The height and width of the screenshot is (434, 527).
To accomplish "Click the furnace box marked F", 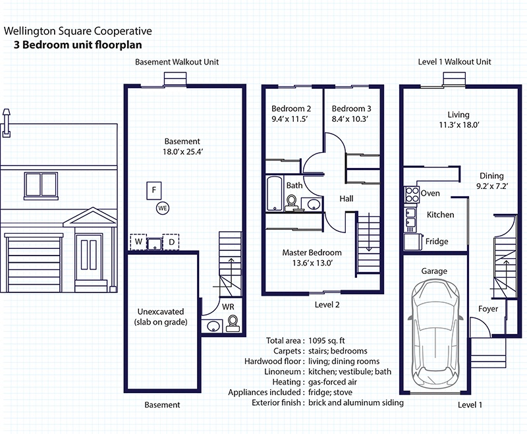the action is (154, 190).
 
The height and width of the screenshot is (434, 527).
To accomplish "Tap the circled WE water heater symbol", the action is (163, 208).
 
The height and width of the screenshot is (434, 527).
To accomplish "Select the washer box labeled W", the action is (138, 242).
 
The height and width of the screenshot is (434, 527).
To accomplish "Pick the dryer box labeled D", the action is (171, 242).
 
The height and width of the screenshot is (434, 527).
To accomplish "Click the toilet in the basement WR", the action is (233, 323).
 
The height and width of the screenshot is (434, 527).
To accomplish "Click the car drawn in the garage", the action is (434, 333).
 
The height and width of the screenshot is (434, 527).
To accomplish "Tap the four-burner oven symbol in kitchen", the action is (411, 194).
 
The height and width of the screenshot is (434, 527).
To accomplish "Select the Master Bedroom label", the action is (312, 253).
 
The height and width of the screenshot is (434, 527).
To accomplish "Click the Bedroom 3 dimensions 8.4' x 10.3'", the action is (350, 119).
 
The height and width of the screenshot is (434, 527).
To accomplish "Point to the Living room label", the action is (458, 115).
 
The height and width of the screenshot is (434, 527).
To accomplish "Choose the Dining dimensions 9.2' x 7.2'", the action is (492, 186).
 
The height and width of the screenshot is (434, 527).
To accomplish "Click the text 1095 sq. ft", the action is (327, 340).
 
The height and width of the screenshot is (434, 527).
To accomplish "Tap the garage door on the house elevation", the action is (34, 262).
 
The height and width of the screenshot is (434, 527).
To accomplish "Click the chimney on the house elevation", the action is (7, 123).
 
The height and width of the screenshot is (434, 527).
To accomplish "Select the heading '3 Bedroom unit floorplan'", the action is (78, 45).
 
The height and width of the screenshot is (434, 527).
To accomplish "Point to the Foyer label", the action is (488, 309).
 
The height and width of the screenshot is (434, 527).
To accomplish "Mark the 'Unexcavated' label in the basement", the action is (161, 312).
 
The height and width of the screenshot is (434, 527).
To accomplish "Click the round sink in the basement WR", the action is (213, 326).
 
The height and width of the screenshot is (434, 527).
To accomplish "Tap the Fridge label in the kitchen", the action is (437, 241).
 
